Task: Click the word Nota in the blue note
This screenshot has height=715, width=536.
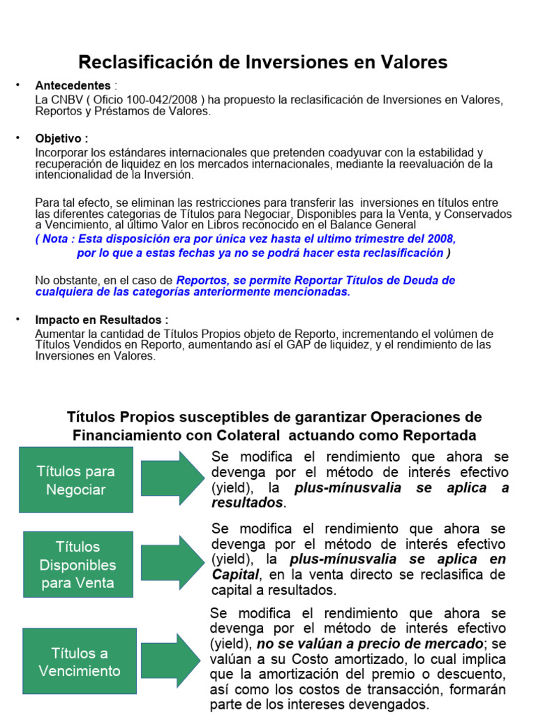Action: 62,238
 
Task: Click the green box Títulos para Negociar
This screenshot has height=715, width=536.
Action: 75,480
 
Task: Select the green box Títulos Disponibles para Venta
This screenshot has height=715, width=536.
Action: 77,564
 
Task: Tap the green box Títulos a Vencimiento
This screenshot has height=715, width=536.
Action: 80,662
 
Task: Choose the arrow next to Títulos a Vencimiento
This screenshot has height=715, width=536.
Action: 172,661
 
